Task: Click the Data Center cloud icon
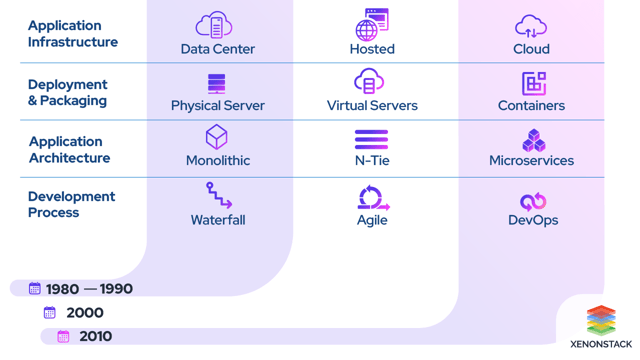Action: [214, 24]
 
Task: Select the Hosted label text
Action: [372, 49]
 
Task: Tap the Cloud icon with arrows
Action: [531, 26]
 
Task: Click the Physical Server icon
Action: [217, 83]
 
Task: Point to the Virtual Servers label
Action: [372, 105]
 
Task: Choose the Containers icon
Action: [534, 83]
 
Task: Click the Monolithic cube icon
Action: [217, 137]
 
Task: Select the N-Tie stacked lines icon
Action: [372, 139]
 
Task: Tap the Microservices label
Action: [531, 160]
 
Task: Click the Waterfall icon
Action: [218, 195]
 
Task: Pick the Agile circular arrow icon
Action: [372, 197]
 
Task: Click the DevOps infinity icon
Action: [533, 201]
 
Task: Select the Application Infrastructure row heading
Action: [73, 34]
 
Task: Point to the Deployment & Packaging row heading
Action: [68, 92]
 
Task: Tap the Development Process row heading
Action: [72, 205]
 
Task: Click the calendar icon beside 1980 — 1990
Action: [35, 289]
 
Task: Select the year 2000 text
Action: [85, 313]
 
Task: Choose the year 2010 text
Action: [96, 337]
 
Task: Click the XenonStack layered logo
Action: [601, 321]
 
